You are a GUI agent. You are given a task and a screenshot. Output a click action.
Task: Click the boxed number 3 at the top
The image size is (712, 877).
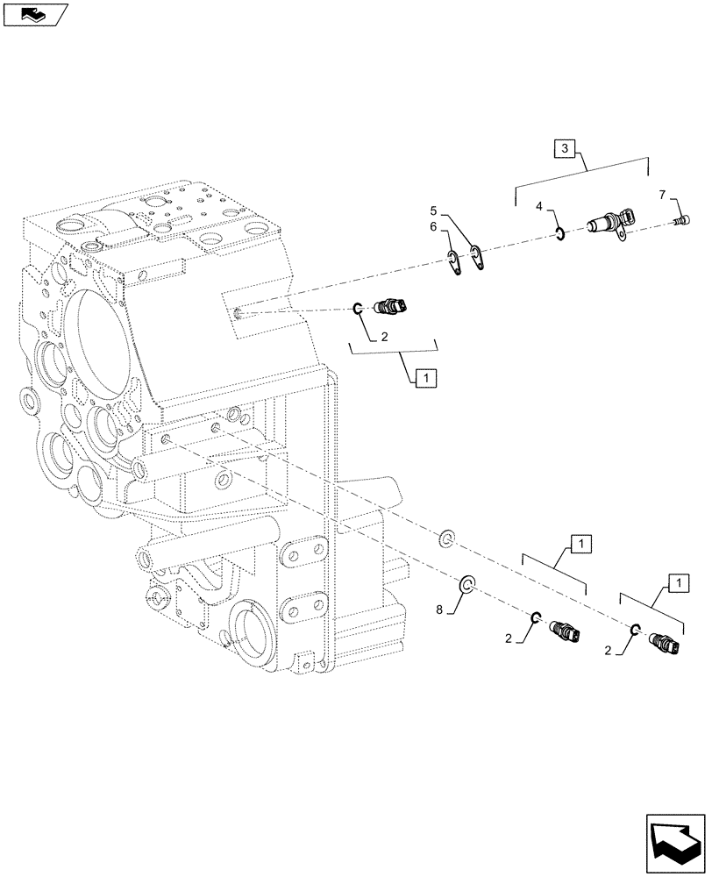pos(565,149)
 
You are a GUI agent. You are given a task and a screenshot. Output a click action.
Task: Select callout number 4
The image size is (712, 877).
pos(540,207)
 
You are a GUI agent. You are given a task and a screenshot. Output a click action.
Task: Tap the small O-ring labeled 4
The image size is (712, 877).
pos(559,233)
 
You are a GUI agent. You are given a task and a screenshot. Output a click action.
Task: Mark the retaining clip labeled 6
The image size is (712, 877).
pos(453,261)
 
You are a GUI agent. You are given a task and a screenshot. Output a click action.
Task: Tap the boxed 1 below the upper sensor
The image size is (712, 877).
pos(424,378)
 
